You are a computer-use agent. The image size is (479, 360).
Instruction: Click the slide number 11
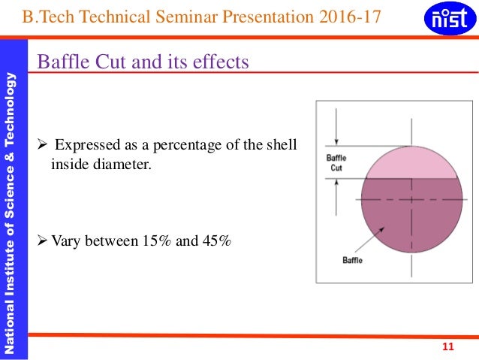tap(449, 346)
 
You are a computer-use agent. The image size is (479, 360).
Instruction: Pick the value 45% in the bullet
tap(216, 241)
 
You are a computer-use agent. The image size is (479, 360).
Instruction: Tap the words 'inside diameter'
tap(101, 162)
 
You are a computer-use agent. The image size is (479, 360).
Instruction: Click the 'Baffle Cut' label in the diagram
tap(336, 163)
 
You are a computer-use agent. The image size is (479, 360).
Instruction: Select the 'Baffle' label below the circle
tap(352, 260)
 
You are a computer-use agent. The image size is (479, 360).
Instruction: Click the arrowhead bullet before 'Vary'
tap(42, 241)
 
